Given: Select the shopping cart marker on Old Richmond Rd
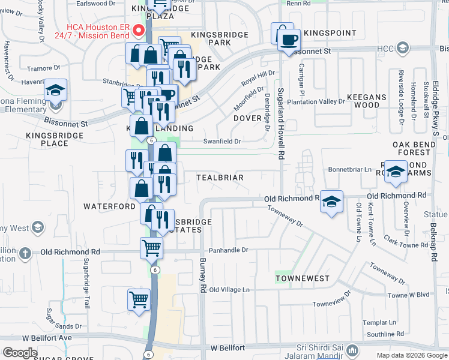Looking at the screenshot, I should pyautogui.click(x=151, y=247).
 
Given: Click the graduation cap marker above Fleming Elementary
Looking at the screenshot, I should pyautogui.click(x=55, y=91).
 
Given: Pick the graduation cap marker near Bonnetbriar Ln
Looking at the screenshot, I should pyautogui.click(x=396, y=172).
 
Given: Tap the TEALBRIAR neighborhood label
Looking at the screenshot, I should pyautogui.click(x=220, y=178).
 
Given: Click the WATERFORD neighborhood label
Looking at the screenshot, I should pyautogui.click(x=109, y=206).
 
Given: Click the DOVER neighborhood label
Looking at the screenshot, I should pyautogui.click(x=247, y=119).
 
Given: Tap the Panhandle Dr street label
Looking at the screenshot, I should pyautogui.click(x=228, y=250).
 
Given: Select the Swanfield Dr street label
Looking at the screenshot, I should pyautogui.click(x=221, y=142).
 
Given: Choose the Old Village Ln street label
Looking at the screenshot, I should pyautogui.click(x=229, y=289).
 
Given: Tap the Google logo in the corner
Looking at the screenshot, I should pyautogui.click(x=20, y=353).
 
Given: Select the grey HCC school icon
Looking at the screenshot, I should pyautogui.click(x=402, y=47).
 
